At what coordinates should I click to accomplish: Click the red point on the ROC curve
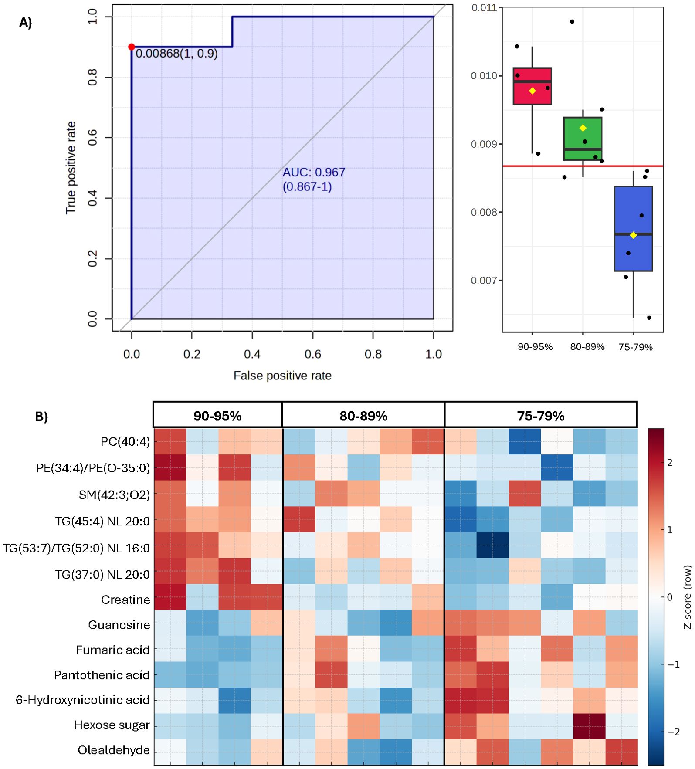[x=131, y=47]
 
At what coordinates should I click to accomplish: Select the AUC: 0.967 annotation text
[x=314, y=173]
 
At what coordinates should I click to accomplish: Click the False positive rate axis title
[x=282, y=376]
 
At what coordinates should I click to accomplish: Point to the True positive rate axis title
[x=71, y=168]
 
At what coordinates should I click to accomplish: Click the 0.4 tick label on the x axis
[x=252, y=354]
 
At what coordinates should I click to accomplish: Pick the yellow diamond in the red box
[x=532, y=91]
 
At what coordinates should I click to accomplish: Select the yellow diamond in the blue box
[x=633, y=235]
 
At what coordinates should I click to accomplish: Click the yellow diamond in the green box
[x=583, y=128]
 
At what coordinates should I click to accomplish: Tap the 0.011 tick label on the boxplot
[x=484, y=8]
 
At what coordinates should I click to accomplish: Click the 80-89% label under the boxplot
[x=587, y=347]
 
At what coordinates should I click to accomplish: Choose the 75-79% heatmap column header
[x=540, y=416]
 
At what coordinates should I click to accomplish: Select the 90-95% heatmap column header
[x=217, y=416]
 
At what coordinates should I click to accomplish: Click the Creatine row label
[x=125, y=600]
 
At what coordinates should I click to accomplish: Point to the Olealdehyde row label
[x=114, y=750]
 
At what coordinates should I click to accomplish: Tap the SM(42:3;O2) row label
[x=114, y=495]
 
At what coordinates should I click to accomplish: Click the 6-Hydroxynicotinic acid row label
[x=83, y=700]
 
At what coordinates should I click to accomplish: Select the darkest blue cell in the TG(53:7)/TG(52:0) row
[x=492, y=545]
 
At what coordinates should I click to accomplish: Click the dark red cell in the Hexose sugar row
[x=589, y=726]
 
